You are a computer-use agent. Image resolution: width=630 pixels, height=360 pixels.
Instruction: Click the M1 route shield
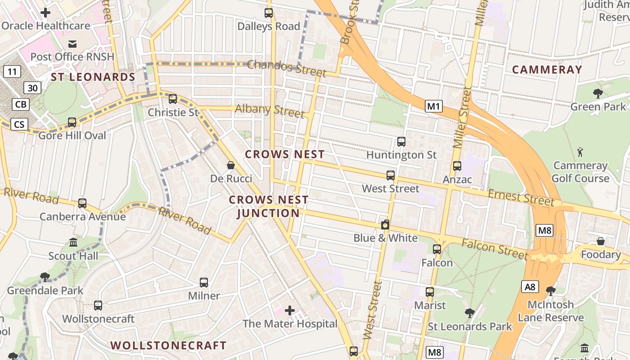tap(434, 107)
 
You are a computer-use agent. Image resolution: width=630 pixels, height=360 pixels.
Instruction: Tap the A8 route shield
tap(530, 287)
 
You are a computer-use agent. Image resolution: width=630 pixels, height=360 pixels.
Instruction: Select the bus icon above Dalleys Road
tap(269, 13)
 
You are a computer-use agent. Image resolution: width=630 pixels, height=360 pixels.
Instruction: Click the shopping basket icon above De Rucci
tap(231, 165)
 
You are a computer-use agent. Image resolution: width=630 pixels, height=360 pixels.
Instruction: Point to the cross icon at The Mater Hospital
tap(290, 310)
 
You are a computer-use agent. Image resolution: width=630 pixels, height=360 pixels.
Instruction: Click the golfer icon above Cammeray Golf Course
tap(580, 152)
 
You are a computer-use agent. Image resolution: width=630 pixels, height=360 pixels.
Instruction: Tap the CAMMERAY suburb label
tap(547, 70)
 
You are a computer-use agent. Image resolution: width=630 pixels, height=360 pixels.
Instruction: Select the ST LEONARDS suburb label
tap(93, 77)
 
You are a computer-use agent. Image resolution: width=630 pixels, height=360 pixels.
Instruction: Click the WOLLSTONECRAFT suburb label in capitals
tap(168, 346)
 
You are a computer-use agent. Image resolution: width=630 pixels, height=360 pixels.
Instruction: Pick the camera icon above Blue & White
tap(385, 225)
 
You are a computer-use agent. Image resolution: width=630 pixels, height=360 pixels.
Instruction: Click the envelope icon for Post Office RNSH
tap(72, 44)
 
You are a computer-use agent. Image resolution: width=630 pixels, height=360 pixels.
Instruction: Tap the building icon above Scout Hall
tap(73, 243)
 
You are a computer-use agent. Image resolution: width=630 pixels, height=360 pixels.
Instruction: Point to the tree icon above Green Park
tap(598, 94)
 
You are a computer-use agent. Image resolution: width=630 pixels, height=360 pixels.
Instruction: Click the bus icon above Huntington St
tap(401, 142)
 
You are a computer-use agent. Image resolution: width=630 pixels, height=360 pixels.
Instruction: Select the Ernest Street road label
tap(521, 197)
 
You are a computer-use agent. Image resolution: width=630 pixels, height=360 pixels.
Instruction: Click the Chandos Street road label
tap(286, 67)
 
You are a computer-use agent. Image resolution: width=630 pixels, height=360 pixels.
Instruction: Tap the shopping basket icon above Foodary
tap(600, 242)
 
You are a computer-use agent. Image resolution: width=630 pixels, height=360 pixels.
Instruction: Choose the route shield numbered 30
tap(33, 88)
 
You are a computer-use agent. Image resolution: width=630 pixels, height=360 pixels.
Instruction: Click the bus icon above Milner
tap(204, 283)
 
